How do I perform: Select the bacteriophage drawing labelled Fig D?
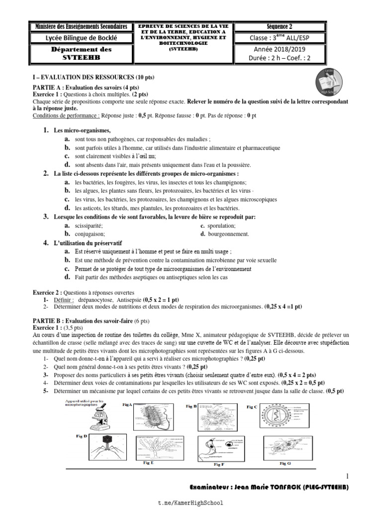(107, 449)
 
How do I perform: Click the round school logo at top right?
(328, 81)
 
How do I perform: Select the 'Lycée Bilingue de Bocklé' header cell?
(79, 38)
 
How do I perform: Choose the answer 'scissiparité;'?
(89, 226)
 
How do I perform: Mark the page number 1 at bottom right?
(346, 477)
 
